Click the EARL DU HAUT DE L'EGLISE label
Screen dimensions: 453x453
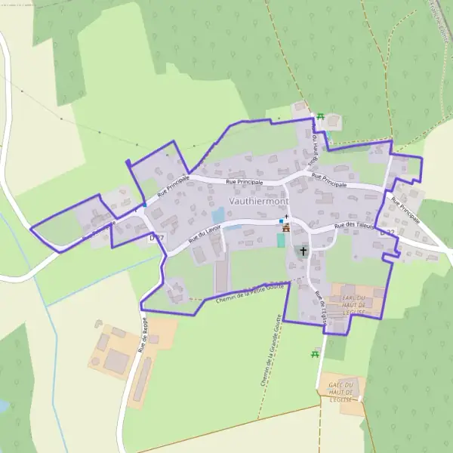click(348, 300)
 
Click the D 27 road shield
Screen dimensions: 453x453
click(156, 237)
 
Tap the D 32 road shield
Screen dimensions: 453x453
click(387, 233)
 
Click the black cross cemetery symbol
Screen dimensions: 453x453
click(304, 251)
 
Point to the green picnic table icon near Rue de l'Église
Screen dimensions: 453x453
click(315, 353)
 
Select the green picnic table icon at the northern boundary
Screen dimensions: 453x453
click(321, 116)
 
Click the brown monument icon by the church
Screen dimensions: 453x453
click(285, 228)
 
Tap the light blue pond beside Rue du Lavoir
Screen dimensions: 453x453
click(218, 215)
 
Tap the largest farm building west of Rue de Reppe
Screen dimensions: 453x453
click(116, 361)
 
